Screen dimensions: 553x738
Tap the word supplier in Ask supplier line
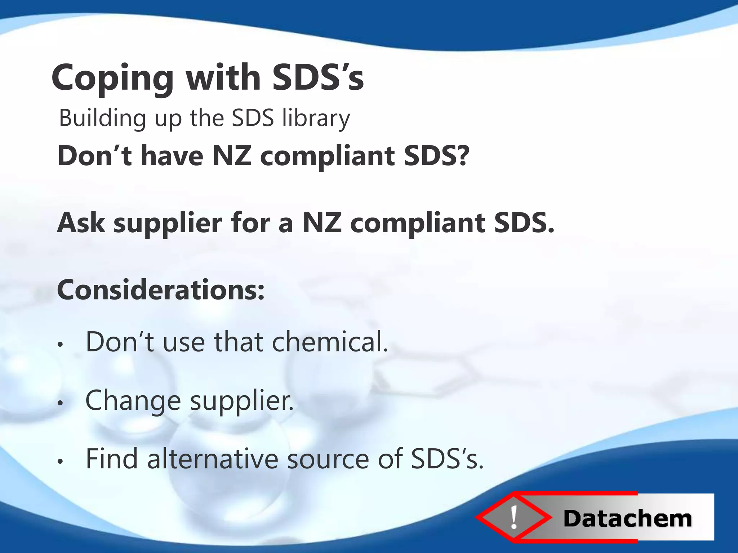168,223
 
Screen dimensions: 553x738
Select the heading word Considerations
161,290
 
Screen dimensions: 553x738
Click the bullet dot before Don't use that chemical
61,345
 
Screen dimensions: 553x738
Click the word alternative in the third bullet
213,459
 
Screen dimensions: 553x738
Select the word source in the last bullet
328,459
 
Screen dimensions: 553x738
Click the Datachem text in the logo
627,519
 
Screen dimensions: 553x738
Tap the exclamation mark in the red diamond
514,517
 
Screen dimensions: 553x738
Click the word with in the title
223,77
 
